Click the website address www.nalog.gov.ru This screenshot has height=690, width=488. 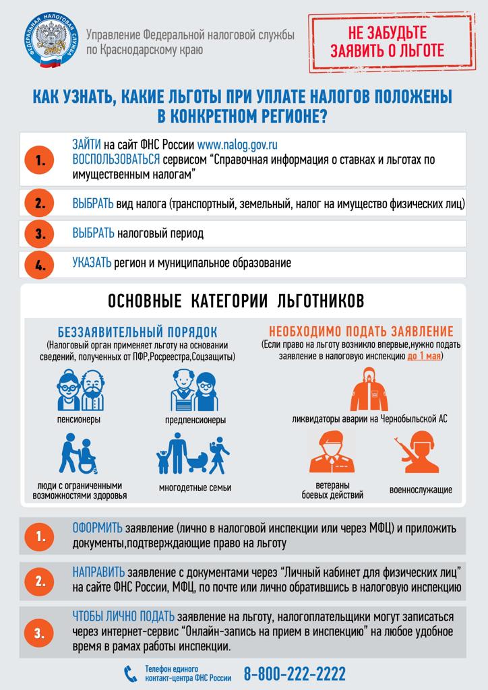click(238, 144)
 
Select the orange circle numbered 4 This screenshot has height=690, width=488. click(39, 264)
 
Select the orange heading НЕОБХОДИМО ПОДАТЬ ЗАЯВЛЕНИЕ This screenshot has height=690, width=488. click(361, 332)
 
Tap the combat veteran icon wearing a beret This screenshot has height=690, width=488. click(332, 453)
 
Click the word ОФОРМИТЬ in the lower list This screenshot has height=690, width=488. click(98, 528)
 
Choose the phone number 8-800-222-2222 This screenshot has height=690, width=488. click(295, 672)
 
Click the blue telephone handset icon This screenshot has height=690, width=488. click(130, 673)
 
